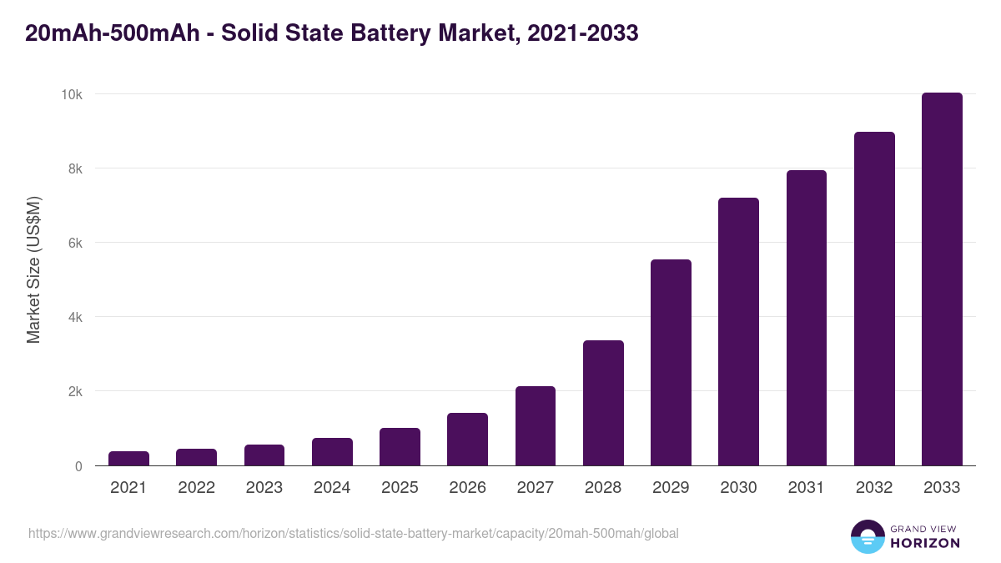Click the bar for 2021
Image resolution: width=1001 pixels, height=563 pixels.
point(128,459)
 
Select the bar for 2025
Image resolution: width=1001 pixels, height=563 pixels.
point(400,447)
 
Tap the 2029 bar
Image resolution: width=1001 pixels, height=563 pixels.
point(671,363)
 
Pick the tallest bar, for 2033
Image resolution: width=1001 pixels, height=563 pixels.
point(942,279)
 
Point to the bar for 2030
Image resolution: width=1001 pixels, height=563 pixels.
point(738,332)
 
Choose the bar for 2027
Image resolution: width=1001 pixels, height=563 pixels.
point(536,426)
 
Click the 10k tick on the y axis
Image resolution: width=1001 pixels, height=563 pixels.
point(71,94)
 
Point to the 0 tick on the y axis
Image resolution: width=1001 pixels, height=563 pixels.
point(78,466)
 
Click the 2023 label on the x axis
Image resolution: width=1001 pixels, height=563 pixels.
point(264,488)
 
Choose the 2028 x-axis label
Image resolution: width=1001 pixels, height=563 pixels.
point(603,488)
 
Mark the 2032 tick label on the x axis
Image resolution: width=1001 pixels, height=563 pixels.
point(874,488)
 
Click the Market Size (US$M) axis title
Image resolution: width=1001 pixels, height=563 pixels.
point(33,269)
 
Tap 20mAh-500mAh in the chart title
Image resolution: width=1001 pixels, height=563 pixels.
point(112,33)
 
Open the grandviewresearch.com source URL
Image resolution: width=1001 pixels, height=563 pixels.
point(354,533)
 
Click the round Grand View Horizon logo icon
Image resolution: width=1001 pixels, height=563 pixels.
point(868,537)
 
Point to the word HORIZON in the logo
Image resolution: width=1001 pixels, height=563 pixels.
point(924,543)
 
